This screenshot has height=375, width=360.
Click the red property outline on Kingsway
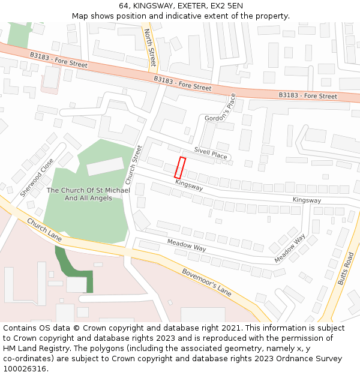coord(179,167)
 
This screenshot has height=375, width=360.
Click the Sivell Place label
coord(210,154)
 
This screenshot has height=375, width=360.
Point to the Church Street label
coord(134,164)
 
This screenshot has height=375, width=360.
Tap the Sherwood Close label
coord(37,178)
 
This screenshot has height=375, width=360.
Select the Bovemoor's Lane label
coord(207,281)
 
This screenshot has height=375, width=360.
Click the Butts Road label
coord(346,268)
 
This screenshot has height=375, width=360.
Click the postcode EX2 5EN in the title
coord(227,5)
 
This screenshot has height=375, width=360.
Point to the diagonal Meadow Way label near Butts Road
coord(290,248)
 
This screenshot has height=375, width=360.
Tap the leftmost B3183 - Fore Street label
coord(59,60)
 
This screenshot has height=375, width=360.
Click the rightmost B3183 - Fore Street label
coord(308,96)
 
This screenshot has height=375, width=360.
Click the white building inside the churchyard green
coord(105,166)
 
